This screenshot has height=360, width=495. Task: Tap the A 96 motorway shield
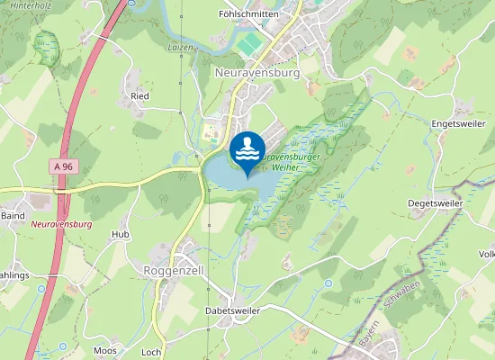tap(62, 166)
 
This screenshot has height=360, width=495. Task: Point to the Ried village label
tap(139, 94)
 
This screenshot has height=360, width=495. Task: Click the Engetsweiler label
tap(457, 122)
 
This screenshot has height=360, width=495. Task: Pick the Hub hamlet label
tap(121, 234)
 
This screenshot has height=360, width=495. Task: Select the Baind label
tap(13, 216)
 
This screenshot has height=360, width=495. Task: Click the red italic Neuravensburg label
tap(61, 223)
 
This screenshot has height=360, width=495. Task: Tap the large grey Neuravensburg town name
tap(257, 72)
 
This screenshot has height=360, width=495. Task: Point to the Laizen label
tap(181, 47)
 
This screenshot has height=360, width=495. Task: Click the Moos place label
tap(105, 350)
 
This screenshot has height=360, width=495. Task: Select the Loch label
tap(151, 352)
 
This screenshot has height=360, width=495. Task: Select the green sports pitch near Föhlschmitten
tap(250, 43)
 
